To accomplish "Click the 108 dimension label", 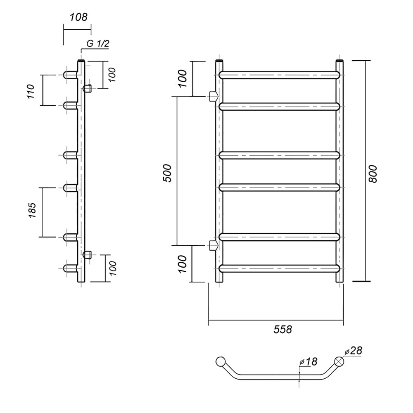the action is click(x=78, y=17).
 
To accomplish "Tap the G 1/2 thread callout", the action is click(x=97, y=43).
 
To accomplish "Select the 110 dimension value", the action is click(x=31, y=91).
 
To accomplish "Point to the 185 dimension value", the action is click(x=32, y=210).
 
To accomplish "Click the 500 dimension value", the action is click(x=167, y=173).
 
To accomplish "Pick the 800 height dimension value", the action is click(x=373, y=174).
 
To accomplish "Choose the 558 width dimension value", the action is click(x=282, y=330).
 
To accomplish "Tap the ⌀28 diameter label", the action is click(x=354, y=351).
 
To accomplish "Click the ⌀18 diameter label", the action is click(x=309, y=362).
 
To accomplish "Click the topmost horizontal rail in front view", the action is click(x=279, y=75).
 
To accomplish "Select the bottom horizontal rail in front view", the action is click(x=279, y=268).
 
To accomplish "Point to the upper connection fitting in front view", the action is click(x=214, y=96).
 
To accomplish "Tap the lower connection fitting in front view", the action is click(x=214, y=245).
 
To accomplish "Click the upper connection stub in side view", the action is click(x=87, y=88).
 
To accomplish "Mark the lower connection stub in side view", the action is click(x=87, y=255).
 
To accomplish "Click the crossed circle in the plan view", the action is click(x=339, y=361).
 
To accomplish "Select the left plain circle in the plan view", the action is click(x=221, y=362).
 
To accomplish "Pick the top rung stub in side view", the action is click(x=70, y=75).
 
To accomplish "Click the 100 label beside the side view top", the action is click(x=112, y=75).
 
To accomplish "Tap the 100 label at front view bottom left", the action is click(x=182, y=264).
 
